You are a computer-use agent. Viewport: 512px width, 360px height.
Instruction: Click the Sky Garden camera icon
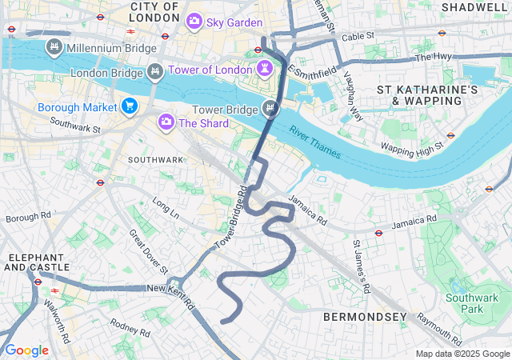click(x=194, y=22)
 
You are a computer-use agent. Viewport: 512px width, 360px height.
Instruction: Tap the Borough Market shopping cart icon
click(x=130, y=106)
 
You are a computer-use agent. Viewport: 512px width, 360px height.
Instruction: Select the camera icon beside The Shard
click(x=166, y=122)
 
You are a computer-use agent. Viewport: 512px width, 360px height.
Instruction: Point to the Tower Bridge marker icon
click(x=270, y=109)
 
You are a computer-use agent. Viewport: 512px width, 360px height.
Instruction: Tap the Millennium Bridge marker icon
click(x=54, y=48)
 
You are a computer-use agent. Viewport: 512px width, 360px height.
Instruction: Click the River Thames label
click(x=315, y=142)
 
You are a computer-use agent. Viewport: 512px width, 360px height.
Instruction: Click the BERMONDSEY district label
click(x=365, y=318)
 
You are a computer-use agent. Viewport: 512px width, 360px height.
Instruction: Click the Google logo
click(x=26, y=350)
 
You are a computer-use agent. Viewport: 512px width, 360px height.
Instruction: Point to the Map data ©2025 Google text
click(x=462, y=354)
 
